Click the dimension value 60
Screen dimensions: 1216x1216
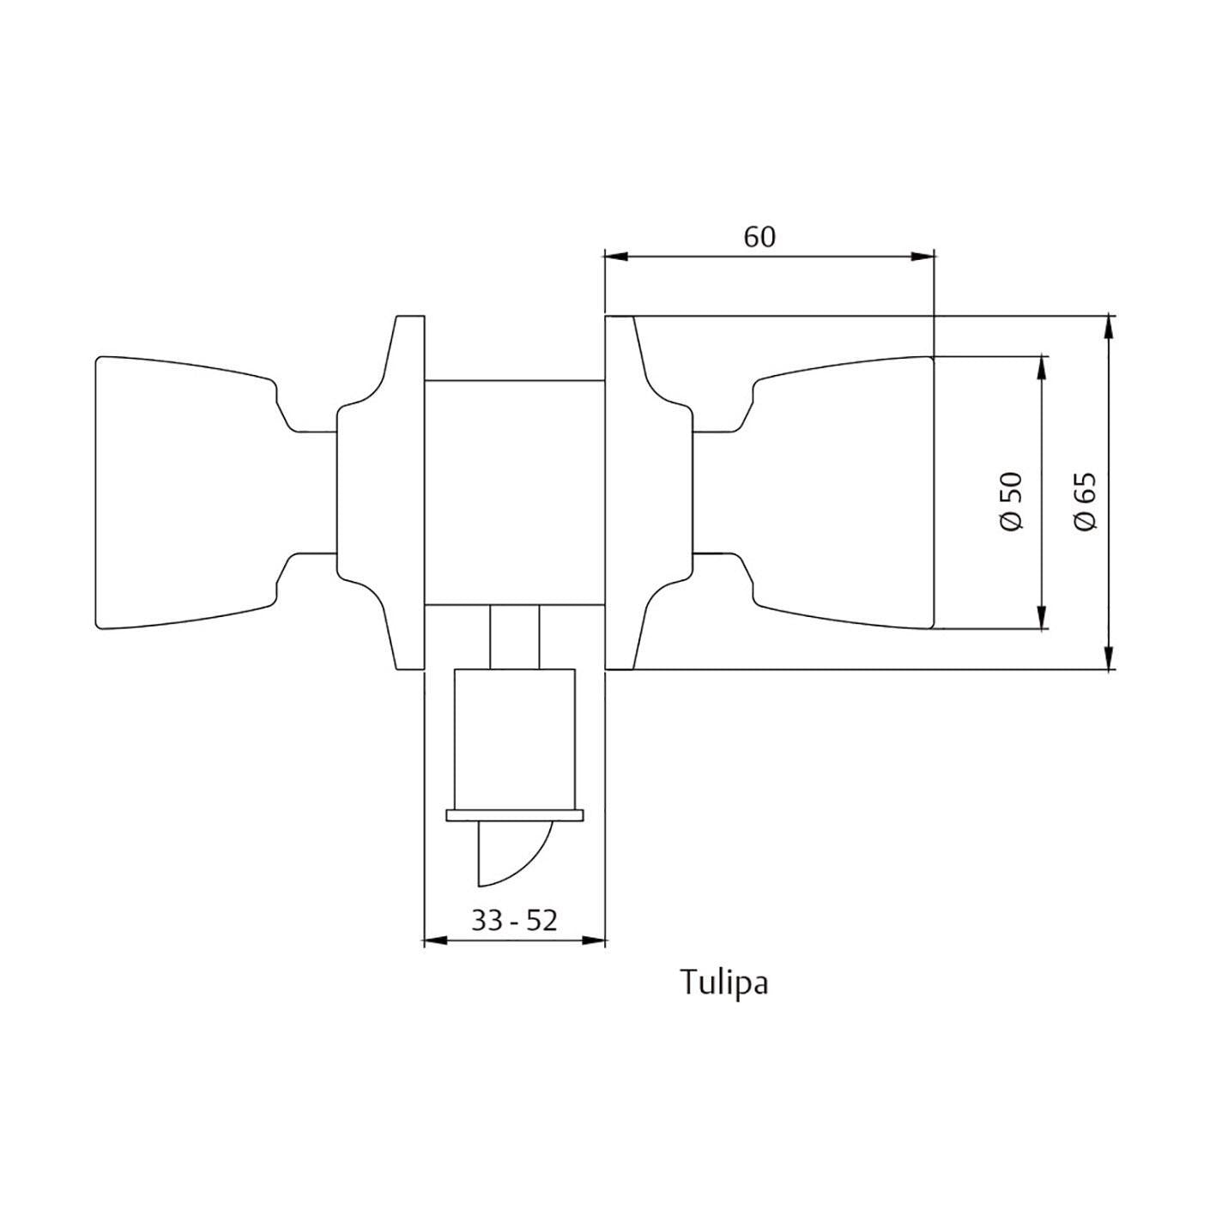click(x=759, y=236)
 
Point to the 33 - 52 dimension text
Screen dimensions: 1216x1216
click(x=514, y=920)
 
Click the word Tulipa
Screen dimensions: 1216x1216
click(x=724, y=983)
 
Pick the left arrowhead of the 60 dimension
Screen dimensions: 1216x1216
click(x=617, y=256)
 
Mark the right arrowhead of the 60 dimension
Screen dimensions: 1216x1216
click(x=923, y=256)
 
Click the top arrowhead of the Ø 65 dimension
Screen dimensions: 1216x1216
click(x=1110, y=329)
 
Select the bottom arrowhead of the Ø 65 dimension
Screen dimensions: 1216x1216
click(x=1110, y=656)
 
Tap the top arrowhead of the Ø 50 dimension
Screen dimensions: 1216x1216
click(x=1042, y=367)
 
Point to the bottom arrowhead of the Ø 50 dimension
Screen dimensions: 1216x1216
click(x=1042, y=617)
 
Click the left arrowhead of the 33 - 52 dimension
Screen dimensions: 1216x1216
click(x=437, y=941)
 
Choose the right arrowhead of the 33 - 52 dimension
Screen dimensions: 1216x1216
click(x=594, y=941)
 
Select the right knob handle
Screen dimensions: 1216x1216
click(x=845, y=493)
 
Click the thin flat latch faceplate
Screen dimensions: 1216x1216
click(x=515, y=815)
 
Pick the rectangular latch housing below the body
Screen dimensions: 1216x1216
click(x=514, y=738)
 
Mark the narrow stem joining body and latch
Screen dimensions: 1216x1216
click(x=514, y=636)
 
